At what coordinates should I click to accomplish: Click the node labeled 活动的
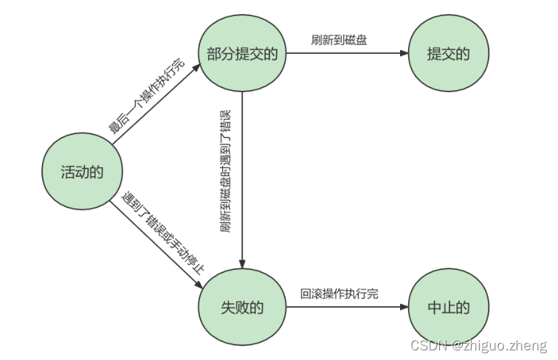tap(81, 171)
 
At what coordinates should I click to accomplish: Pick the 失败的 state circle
tap(242, 307)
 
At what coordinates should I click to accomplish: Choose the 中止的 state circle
tap(448, 307)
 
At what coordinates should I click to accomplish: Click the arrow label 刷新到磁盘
tap(339, 40)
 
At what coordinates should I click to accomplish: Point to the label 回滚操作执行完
tap(339, 293)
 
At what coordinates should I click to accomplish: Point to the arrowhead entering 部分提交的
tap(196, 66)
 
